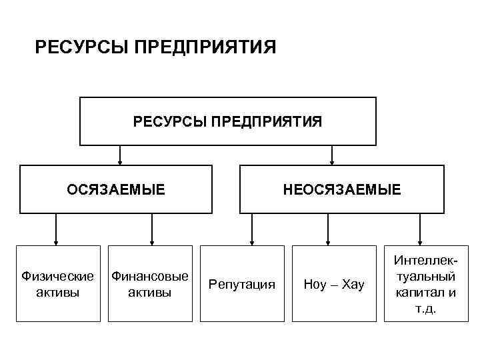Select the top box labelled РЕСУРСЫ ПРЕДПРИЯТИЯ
tap(227, 121)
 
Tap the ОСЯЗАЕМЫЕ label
tap(115, 189)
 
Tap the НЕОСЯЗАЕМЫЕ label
tap(342, 189)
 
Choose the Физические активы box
tap(58, 284)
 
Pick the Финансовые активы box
tap(150, 284)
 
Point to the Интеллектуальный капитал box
tap(425, 284)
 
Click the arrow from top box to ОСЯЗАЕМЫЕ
tap(120, 155)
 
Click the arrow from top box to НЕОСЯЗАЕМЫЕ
tap(333, 155)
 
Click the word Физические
tap(58, 276)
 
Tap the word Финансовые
tap(150, 276)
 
